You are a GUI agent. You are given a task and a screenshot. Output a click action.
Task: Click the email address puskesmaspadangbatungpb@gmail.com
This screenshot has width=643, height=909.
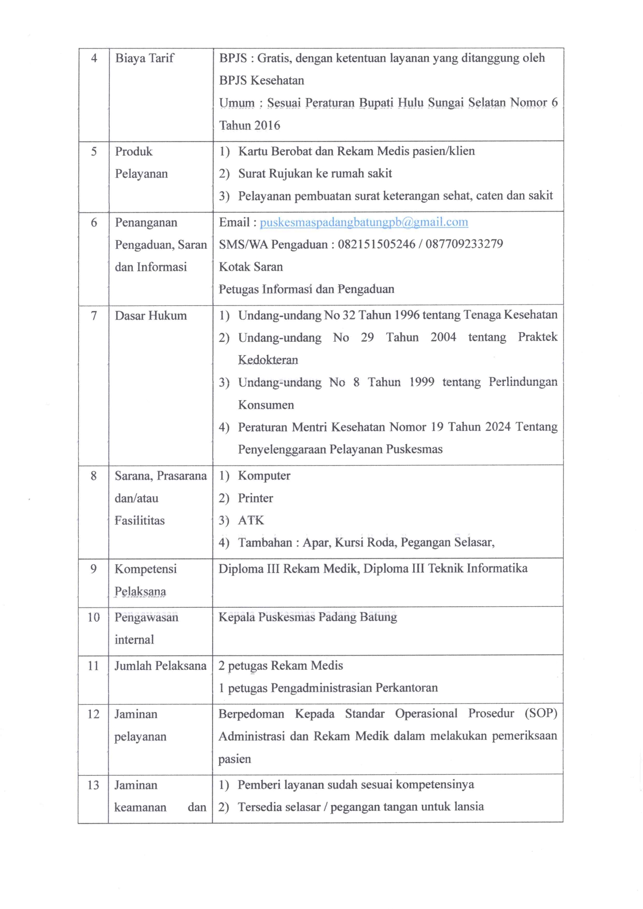click(x=364, y=222)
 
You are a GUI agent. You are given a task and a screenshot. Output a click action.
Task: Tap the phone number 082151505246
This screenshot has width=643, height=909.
click(x=376, y=244)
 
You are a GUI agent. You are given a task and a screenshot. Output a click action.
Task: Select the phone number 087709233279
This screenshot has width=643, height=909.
click(x=464, y=244)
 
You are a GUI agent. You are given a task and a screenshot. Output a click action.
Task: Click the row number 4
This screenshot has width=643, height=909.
click(x=94, y=58)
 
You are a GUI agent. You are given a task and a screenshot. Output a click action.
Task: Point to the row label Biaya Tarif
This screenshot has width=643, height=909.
click(x=145, y=58)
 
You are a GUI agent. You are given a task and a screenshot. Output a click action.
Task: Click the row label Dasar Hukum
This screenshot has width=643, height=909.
click(x=150, y=316)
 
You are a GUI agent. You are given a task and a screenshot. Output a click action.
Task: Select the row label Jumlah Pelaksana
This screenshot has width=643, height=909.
click(x=160, y=666)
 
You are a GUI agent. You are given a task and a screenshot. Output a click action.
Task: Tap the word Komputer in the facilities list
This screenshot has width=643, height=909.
click(x=264, y=476)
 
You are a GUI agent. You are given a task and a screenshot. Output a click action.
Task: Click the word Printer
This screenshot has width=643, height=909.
click(x=255, y=498)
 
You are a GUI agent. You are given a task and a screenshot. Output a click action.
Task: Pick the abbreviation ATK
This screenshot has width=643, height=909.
click(x=251, y=521)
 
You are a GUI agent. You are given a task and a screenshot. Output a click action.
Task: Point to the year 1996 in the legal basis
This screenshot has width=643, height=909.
click(x=407, y=315)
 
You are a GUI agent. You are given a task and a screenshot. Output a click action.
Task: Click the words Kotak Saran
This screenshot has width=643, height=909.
click(x=250, y=267)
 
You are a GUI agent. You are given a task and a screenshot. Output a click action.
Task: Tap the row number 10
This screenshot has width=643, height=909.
click(x=93, y=617)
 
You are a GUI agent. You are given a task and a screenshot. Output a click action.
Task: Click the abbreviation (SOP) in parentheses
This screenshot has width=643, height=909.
click(x=540, y=714)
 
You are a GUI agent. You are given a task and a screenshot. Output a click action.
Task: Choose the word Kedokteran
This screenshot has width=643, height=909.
click(x=268, y=360)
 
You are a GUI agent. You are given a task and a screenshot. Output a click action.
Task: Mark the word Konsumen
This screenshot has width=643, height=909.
click(x=265, y=405)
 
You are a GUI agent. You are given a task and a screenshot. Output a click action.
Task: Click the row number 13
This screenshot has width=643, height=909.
click(x=93, y=785)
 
